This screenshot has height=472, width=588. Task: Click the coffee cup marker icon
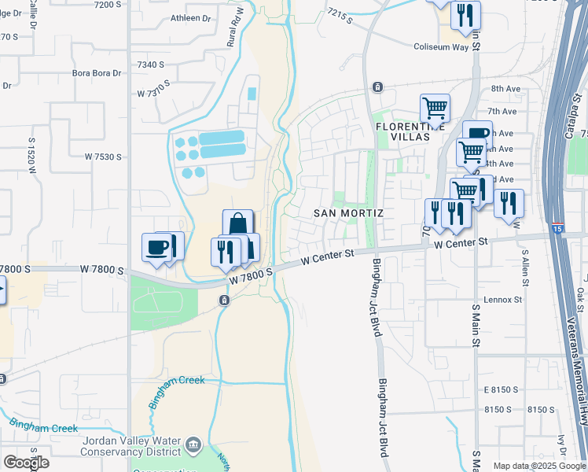157,248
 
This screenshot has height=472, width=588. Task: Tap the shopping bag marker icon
237,225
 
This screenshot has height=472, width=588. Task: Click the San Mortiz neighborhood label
348,213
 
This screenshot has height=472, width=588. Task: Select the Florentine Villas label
402,131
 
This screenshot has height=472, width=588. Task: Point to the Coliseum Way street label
447,47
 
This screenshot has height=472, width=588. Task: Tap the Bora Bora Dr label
97,73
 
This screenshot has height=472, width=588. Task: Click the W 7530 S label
103,157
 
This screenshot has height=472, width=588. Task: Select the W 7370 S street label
155,93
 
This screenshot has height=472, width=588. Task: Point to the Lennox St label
503,300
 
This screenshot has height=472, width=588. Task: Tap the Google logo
26,463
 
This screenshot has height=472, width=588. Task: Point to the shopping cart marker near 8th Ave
434,108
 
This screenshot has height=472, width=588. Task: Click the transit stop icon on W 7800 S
225,301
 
